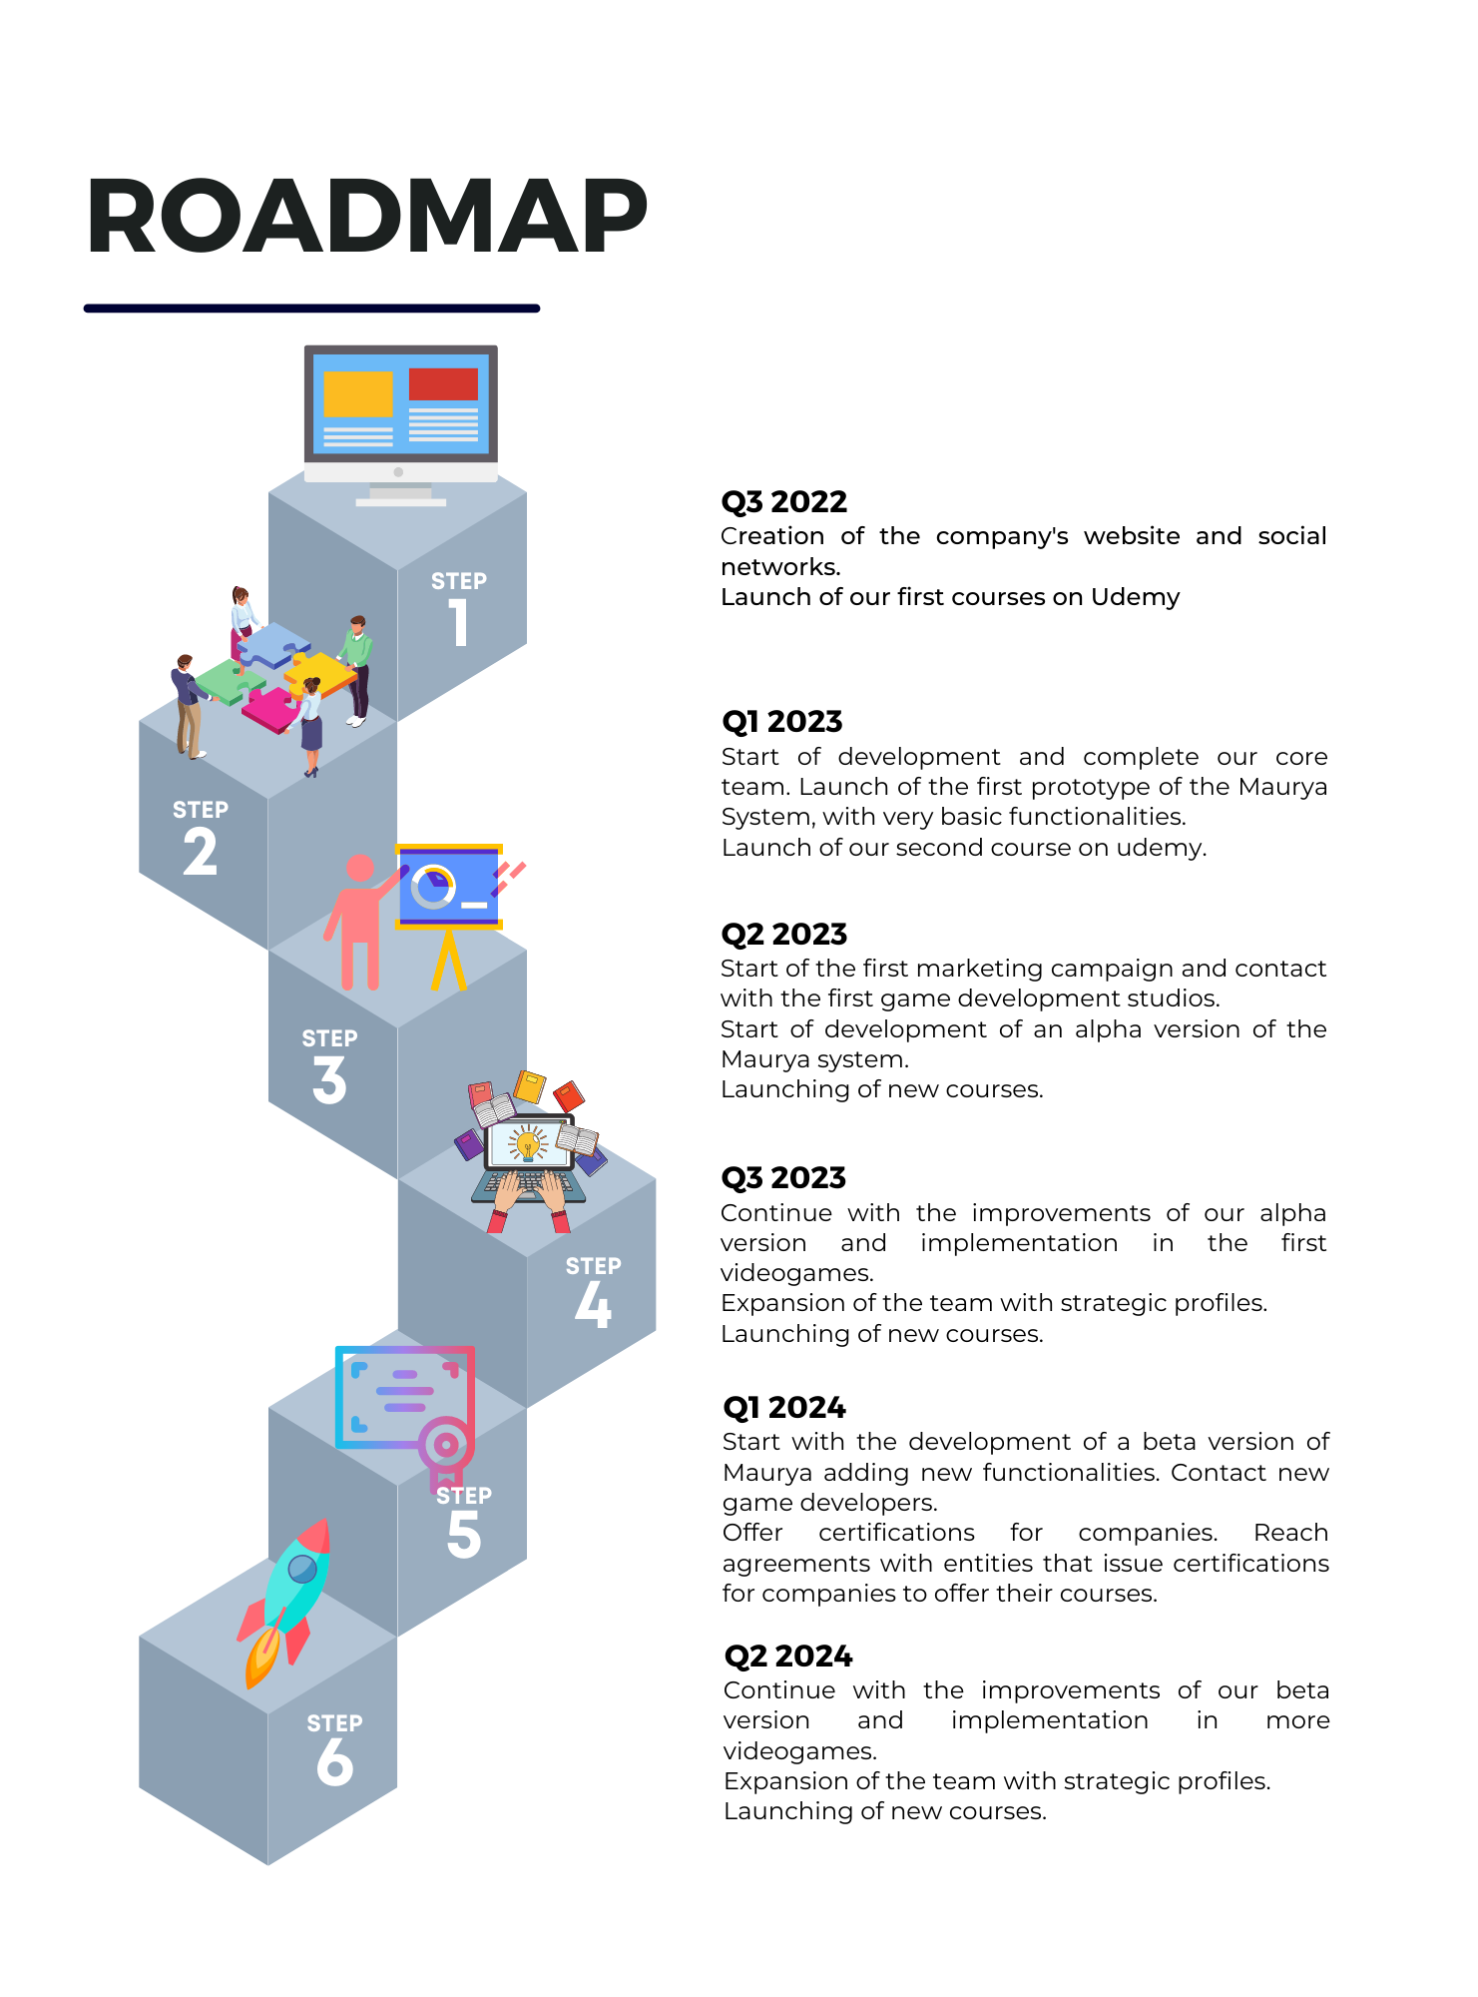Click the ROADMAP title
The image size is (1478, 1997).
click(366, 216)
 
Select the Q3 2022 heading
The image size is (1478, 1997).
click(783, 501)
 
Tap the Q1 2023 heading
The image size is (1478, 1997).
click(781, 721)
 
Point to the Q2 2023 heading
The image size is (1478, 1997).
click(783, 934)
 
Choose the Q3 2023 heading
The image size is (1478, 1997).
click(782, 1177)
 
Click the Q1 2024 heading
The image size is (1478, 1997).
click(783, 1407)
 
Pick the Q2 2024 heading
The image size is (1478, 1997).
click(787, 1656)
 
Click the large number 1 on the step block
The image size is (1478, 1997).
click(458, 622)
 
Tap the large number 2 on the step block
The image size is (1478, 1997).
click(201, 852)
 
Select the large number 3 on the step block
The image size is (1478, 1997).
click(329, 1080)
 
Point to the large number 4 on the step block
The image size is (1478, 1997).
click(593, 1305)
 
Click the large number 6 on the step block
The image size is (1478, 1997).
click(335, 1761)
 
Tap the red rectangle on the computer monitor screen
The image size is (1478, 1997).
click(443, 384)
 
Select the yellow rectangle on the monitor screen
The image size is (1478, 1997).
click(358, 393)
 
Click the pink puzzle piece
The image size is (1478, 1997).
click(269, 709)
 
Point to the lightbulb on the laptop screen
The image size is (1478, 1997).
click(528, 1143)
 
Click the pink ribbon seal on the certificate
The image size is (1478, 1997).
click(445, 1448)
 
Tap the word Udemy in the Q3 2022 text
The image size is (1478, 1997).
click(1135, 597)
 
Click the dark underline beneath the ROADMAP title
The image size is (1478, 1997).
click(311, 309)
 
